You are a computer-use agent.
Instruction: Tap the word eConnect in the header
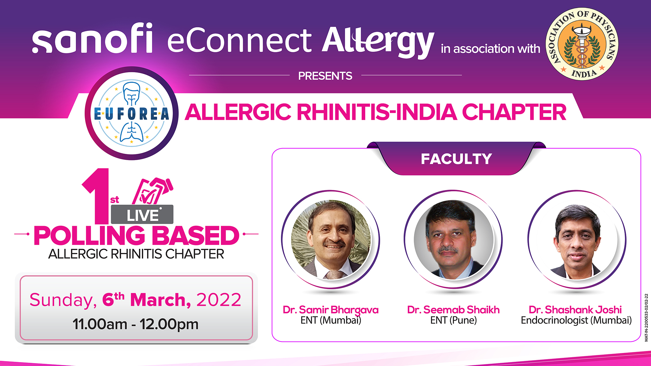click(239, 41)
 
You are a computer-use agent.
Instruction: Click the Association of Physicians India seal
click(582, 44)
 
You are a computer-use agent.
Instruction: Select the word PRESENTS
click(325, 76)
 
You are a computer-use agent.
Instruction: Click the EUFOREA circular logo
click(132, 113)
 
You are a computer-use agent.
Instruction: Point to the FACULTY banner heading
click(456, 159)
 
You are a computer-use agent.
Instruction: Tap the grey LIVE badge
click(142, 215)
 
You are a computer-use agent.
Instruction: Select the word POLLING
click(89, 236)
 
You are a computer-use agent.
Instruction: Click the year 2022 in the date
click(219, 300)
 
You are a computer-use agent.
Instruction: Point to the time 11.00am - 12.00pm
click(135, 324)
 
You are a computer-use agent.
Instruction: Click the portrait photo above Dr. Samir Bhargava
click(331, 240)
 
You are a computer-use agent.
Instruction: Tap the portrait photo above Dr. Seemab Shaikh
click(453, 240)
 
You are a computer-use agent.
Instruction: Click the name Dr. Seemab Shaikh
click(453, 310)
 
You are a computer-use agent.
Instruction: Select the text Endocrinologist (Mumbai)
click(576, 320)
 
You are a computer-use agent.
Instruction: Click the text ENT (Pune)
click(453, 320)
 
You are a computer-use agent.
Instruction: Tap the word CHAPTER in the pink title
click(514, 112)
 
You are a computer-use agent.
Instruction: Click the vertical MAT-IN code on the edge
click(646, 318)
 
